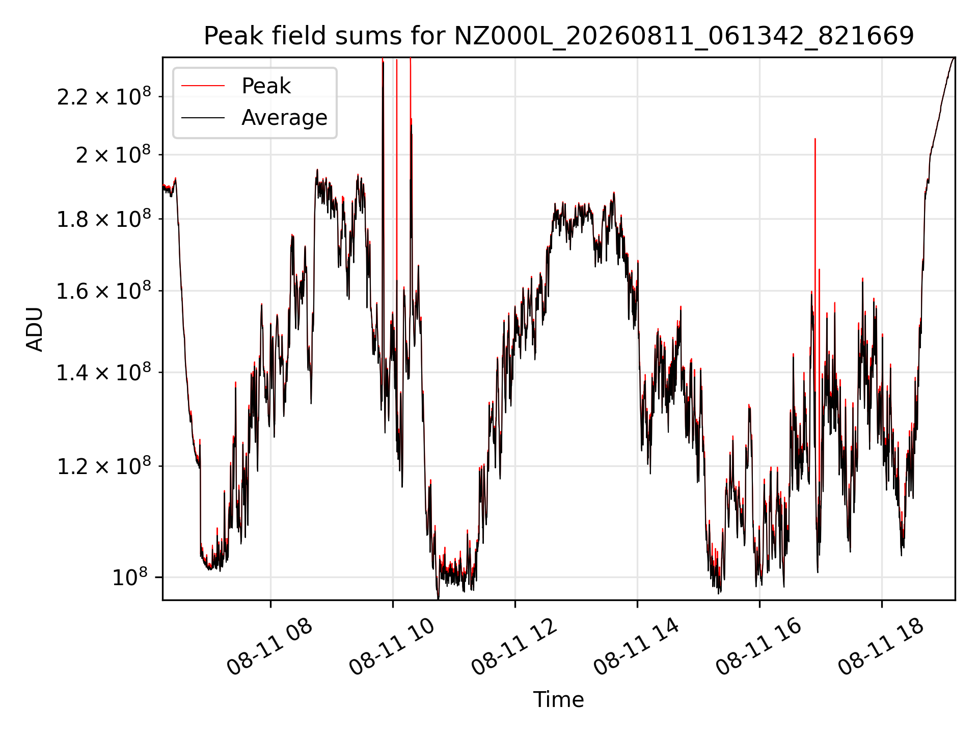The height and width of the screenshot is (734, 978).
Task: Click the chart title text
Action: coord(559,36)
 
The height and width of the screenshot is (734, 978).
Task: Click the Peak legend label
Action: coord(266,86)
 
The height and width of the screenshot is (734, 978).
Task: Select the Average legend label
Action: coord(284,118)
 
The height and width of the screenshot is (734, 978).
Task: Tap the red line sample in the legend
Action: coord(203,86)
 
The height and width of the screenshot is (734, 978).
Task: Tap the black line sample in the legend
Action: coord(203,118)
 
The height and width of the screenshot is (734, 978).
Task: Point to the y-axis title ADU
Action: coord(35,329)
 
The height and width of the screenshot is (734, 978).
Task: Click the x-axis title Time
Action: coord(558,699)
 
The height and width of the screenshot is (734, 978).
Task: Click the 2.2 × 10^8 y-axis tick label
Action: coord(104,96)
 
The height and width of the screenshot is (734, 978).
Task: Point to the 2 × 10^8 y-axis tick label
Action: coord(114,154)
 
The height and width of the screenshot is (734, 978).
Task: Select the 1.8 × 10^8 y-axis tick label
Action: coord(104,219)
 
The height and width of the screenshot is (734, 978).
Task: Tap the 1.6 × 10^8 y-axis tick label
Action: coord(104,291)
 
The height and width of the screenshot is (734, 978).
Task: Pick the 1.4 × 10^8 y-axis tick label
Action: coord(104,373)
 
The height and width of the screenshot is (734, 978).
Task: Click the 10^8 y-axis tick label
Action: coord(130,577)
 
